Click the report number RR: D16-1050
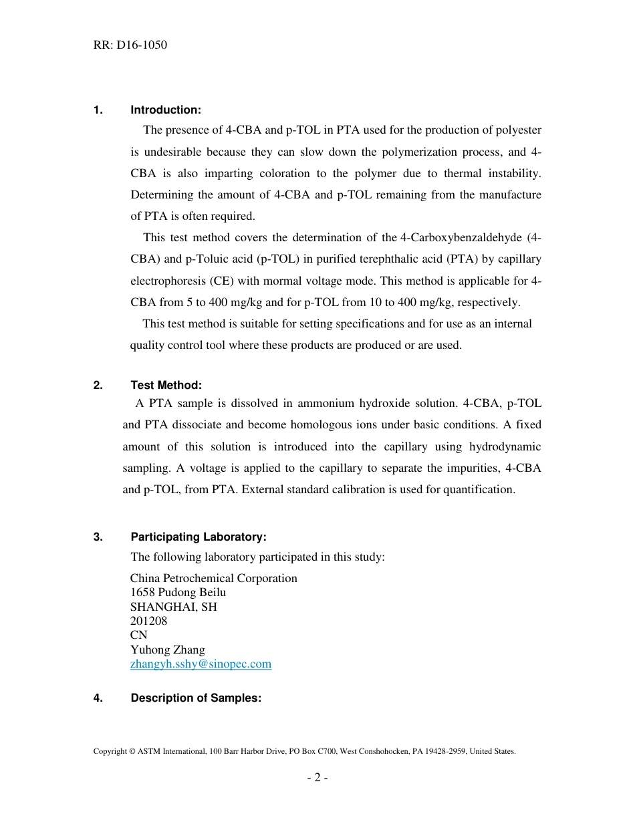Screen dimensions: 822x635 (x=130, y=45)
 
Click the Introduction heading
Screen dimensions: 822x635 (x=165, y=110)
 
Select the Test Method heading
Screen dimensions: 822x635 (x=166, y=385)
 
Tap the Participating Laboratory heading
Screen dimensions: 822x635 (x=198, y=537)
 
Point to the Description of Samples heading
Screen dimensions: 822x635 (x=195, y=698)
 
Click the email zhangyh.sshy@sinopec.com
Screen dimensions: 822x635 (x=201, y=664)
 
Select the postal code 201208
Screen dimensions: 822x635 (x=148, y=621)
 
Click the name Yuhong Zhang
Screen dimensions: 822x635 (x=167, y=650)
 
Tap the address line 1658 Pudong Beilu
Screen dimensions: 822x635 (x=178, y=592)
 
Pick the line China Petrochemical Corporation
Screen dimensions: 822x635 (x=213, y=578)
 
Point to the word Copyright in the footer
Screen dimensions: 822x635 (x=110, y=751)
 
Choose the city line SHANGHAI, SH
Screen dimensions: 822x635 (x=173, y=607)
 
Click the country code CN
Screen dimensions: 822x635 (x=138, y=635)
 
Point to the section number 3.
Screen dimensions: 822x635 (x=98, y=537)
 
